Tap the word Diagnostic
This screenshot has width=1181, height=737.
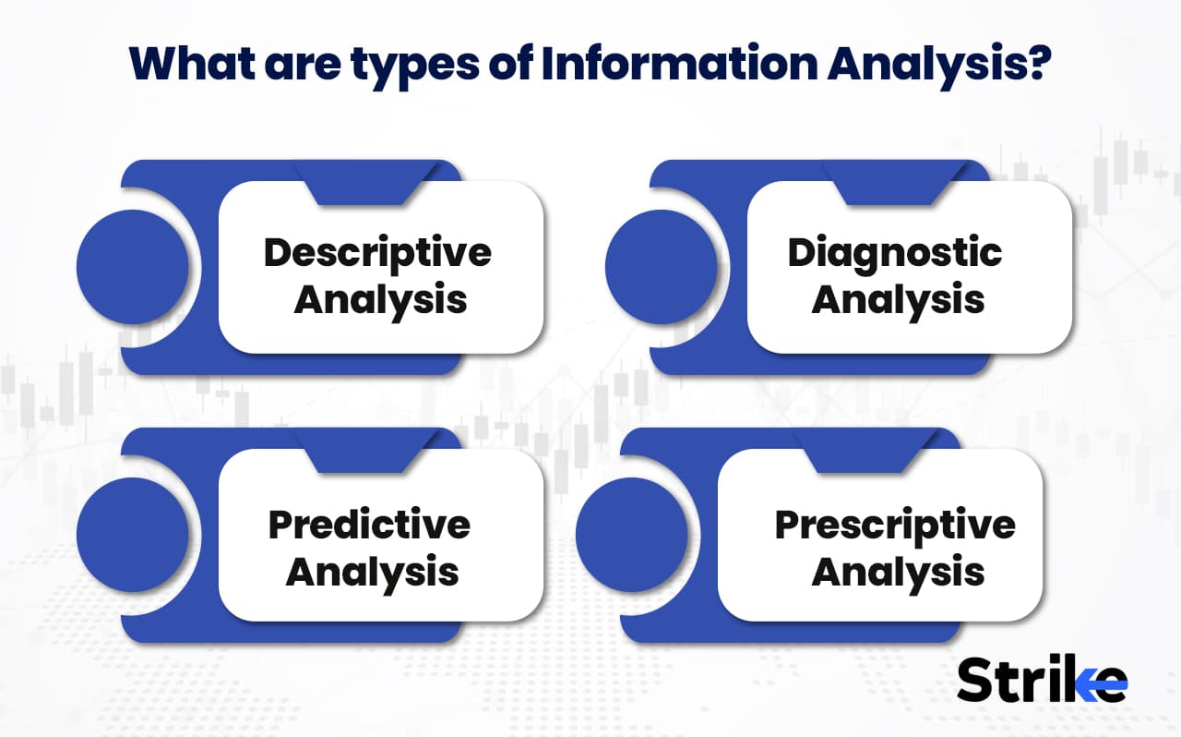point(894,252)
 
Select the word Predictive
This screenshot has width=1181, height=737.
point(369,525)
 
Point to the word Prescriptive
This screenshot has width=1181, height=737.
point(894,525)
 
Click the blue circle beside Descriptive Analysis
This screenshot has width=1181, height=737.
point(132,267)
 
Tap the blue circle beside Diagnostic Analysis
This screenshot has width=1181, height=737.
point(661,267)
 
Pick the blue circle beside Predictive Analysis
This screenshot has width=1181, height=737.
point(132,535)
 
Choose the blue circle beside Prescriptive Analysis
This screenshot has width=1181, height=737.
point(631,535)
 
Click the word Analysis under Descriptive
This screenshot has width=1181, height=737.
point(380,300)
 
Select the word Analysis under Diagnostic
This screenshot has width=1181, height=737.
point(898,300)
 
